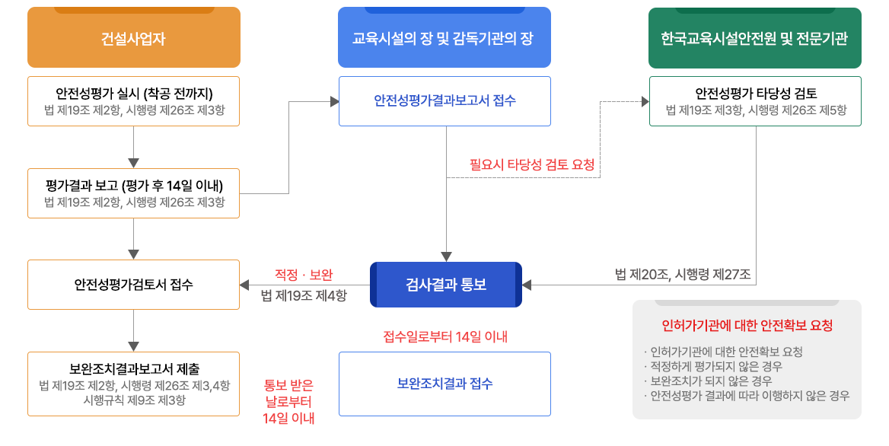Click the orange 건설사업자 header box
(134, 39)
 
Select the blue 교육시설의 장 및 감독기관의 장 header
(444, 39)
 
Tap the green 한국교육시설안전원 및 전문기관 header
(754, 39)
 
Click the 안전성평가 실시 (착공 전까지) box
(134, 101)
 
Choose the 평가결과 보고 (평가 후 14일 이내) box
(134, 193)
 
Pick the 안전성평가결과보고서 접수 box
(444, 101)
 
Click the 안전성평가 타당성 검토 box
(755, 101)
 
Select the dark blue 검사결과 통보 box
(446, 285)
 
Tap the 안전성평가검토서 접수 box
(134, 285)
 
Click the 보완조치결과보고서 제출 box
(134, 384)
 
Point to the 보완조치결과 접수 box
(444, 384)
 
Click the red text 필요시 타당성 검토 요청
(531, 164)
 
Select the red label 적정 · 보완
(304, 275)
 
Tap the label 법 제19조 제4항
(303, 296)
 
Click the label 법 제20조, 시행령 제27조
(683, 275)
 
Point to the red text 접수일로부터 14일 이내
(444, 336)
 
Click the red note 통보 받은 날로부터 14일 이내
(288, 401)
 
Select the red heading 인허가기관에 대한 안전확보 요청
(747, 326)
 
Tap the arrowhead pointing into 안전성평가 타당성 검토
(644, 101)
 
